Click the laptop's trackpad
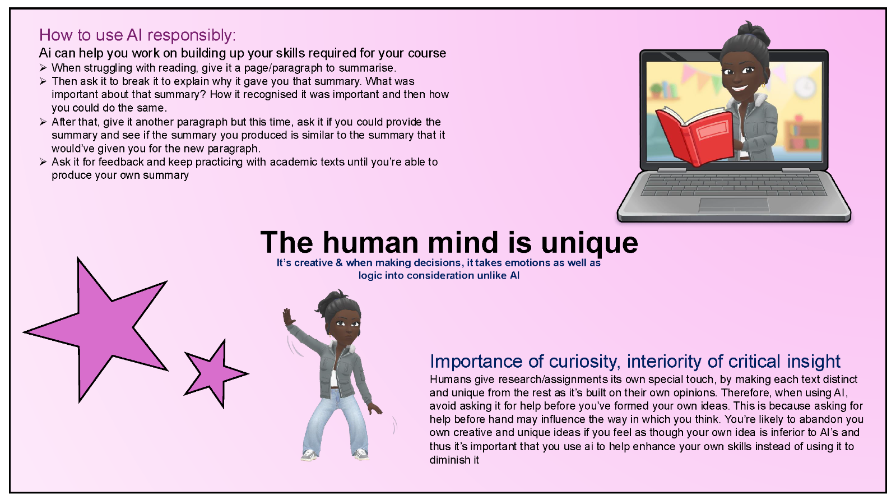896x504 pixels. [x=733, y=205]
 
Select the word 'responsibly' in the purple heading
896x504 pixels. [x=191, y=36]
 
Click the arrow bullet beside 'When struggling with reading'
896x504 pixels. [x=43, y=68]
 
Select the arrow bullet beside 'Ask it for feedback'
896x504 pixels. [x=43, y=161]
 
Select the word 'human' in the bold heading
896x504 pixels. [x=370, y=243]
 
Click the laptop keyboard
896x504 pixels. [x=733, y=185]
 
